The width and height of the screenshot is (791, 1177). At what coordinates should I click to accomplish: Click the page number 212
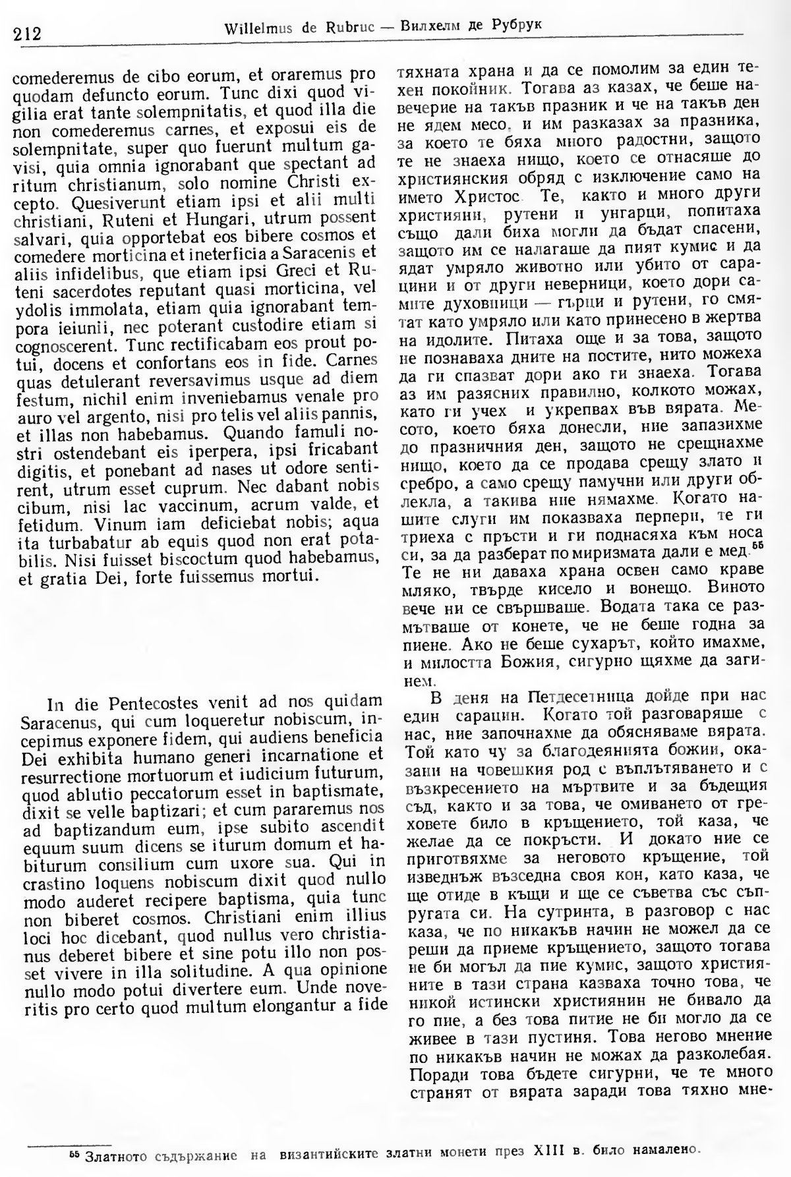pyautogui.click(x=27, y=32)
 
